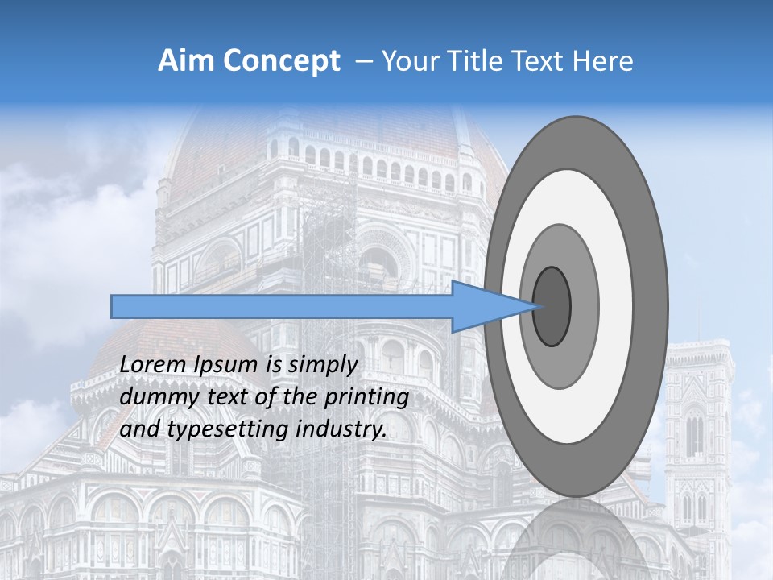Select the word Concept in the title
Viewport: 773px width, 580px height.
click(x=281, y=61)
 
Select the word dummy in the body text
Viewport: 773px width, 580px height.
click(x=155, y=396)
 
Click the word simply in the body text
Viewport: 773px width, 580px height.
click(x=323, y=364)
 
